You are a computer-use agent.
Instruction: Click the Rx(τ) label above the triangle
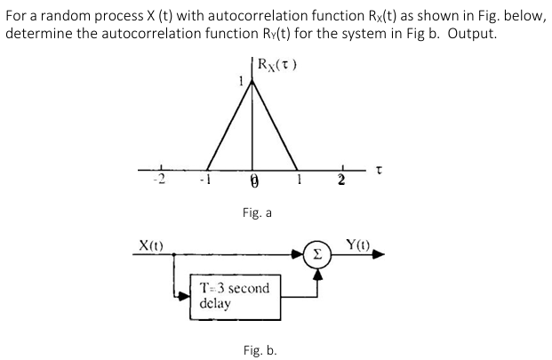pos(275,65)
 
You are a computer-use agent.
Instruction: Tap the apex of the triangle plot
pos(252,83)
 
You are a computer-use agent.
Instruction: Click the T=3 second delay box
pos(232,296)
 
